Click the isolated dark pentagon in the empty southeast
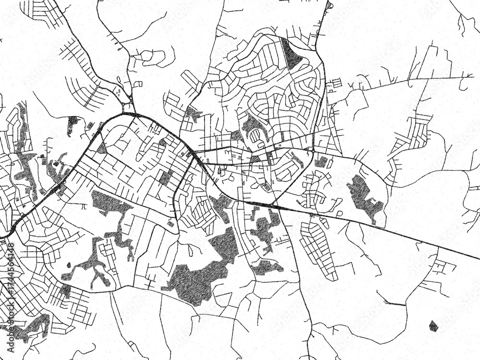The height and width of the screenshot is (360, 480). [x=433, y=326]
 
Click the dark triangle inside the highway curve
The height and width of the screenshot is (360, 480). [x=101, y=148]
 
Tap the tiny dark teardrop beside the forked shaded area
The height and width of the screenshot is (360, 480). [x=69, y=264]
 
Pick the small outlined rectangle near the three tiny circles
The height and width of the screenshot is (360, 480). [x=138, y=84]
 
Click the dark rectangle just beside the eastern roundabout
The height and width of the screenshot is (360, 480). [x=321, y=162]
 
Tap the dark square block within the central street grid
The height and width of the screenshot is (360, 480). [x=166, y=178]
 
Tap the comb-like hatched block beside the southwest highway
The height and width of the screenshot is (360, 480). [x=62, y=191]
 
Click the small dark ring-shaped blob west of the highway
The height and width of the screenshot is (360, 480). [x=73, y=121]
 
